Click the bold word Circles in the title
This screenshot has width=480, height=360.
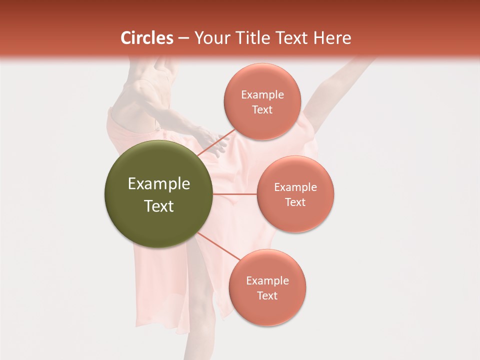pos(146,38)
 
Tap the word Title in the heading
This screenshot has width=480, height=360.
pos(252,38)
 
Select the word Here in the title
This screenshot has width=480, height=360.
pos(332,38)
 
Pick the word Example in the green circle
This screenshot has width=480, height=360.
pos(159,184)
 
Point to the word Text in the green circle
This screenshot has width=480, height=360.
pos(159,206)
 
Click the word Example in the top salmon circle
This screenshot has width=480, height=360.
pos(262,95)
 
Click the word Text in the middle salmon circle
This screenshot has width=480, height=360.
pos(295,202)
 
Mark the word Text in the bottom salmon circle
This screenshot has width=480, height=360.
pos(267,295)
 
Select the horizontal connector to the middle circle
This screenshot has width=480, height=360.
pos(235,193)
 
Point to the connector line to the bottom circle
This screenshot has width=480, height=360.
pos(218,246)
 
